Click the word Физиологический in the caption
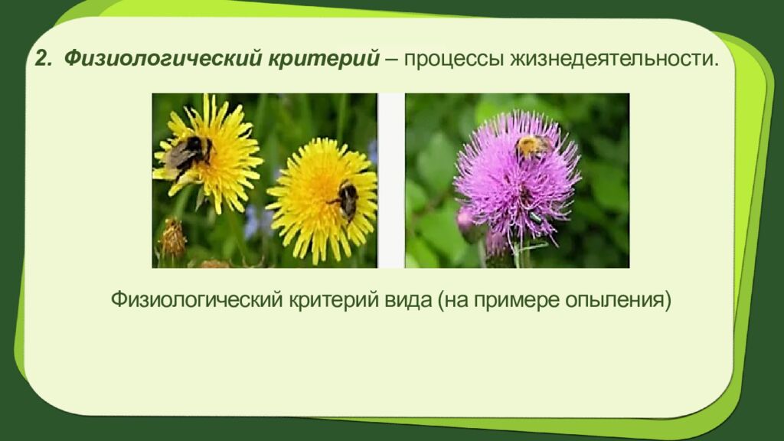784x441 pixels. point(197,299)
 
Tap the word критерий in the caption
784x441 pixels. point(330,299)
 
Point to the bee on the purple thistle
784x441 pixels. point(531,145)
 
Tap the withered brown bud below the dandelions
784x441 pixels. point(174,240)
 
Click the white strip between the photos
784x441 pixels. point(390,181)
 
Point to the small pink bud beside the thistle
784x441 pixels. point(465,220)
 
